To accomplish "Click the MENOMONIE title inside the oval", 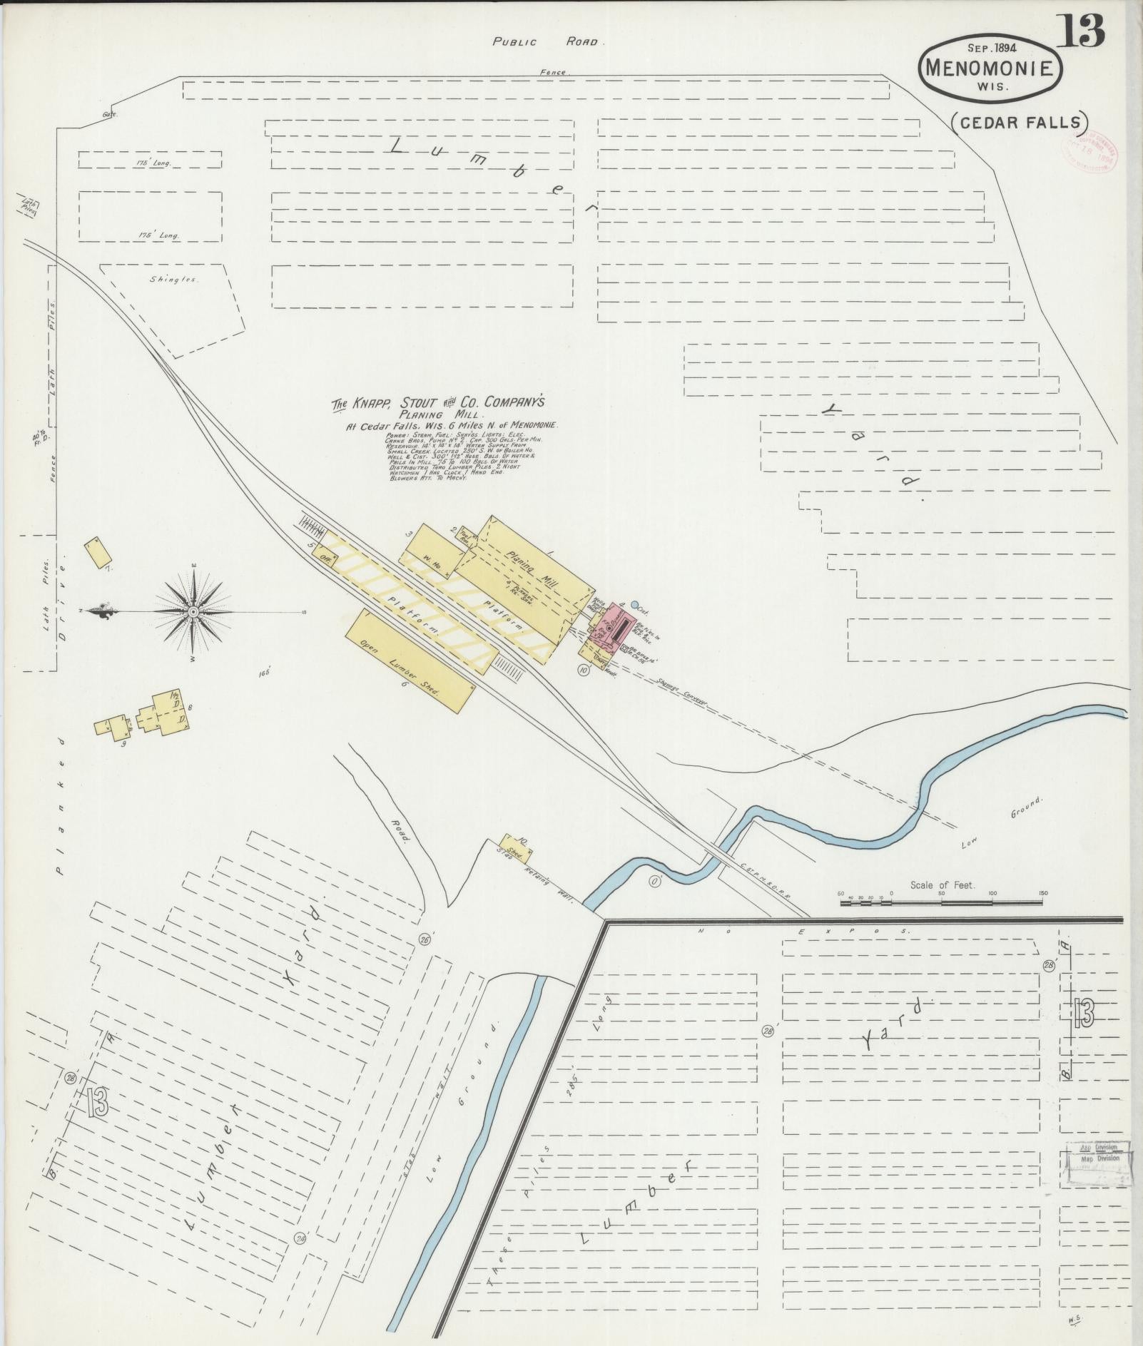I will pyautogui.click(x=990, y=68).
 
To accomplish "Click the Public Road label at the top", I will pyautogui.click(x=547, y=42).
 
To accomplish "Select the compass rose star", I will pyautogui.click(x=193, y=612).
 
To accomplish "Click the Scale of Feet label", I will pyautogui.click(x=942, y=885).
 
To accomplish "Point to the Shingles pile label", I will pyautogui.click(x=173, y=280).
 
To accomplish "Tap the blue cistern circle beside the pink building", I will pyautogui.click(x=634, y=604).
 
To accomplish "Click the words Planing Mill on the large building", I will pyautogui.click(x=532, y=566).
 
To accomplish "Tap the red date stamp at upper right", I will pyautogui.click(x=1090, y=151).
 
